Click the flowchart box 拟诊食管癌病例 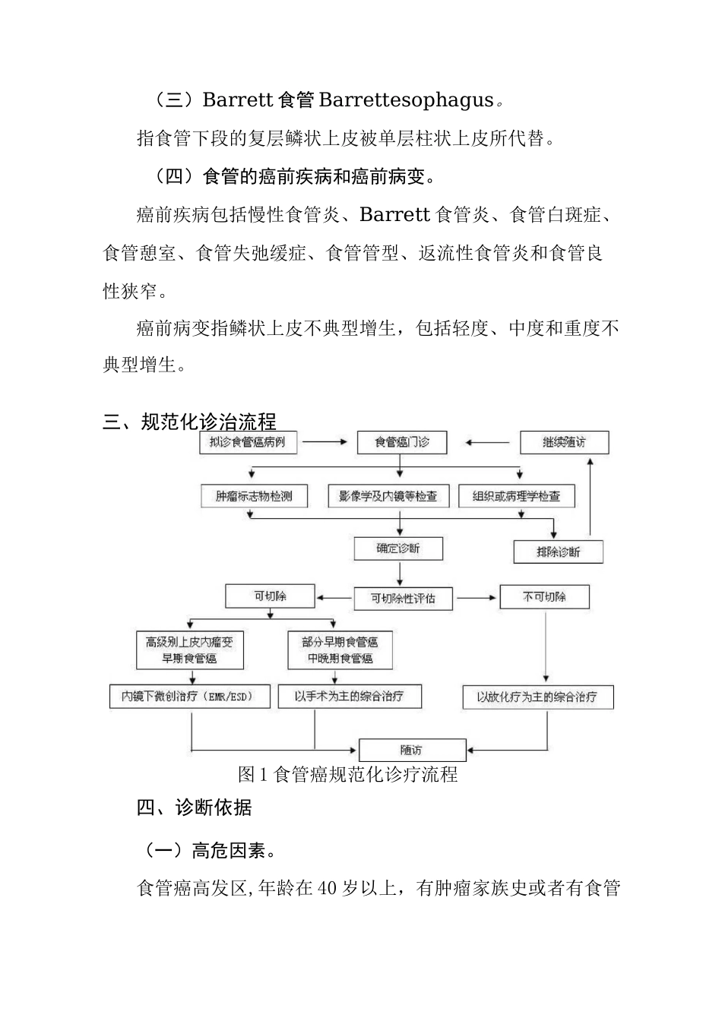point(248,442)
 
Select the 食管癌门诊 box point(401,442)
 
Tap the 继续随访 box point(564,442)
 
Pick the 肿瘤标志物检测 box point(254,496)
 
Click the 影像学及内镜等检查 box point(388,496)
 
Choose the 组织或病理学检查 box point(516,496)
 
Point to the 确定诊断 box point(398,548)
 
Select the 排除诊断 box point(558,552)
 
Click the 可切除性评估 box point(403,599)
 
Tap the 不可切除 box point(544,597)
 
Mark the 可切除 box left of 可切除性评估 point(270,596)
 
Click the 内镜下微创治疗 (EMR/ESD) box point(190,696)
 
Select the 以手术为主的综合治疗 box point(349,696)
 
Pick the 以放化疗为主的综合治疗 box point(537,697)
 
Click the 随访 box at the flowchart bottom point(411,750)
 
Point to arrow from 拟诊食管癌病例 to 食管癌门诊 point(326,441)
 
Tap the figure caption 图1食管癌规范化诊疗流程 point(347,775)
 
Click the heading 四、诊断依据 point(194,808)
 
